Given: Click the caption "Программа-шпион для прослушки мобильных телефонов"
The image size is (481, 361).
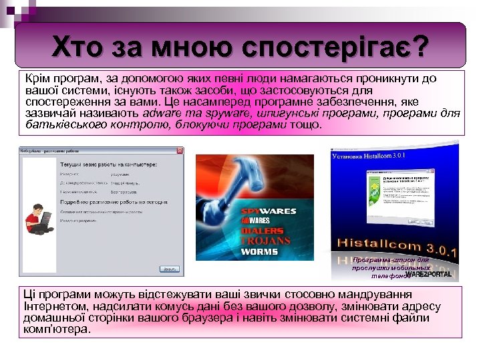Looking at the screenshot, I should (x=391, y=267).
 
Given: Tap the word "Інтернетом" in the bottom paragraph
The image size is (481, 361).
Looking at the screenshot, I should (x=57, y=306).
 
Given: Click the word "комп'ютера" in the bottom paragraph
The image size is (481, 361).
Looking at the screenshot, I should (x=56, y=329).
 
